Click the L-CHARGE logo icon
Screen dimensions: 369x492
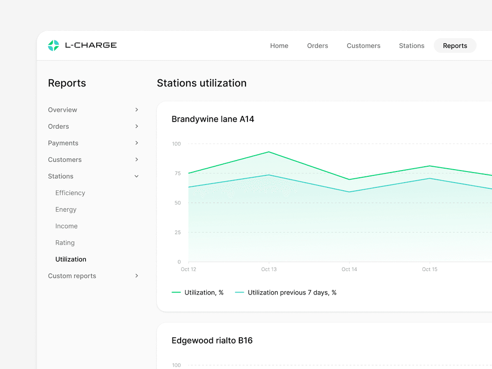tap(53, 46)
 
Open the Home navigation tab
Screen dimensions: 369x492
tap(279, 46)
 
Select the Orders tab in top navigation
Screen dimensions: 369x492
tap(318, 46)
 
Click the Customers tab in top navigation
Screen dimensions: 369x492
tap(363, 46)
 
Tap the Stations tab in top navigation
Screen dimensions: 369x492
tap(411, 46)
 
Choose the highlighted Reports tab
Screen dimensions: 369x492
tap(455, 46)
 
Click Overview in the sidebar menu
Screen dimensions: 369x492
tap(62, 110)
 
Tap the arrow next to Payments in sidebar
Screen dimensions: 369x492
tap(136, 143)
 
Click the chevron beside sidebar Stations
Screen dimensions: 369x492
tap(136, 176)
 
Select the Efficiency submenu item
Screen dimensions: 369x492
tap(70, 193)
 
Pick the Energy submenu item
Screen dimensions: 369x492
tap(66, 209)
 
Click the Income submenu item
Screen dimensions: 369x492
tap(66, 226)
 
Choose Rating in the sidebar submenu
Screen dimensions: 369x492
tap(65, 243)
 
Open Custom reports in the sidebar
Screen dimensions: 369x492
tap(72, 276)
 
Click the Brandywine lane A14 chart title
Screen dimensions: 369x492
tap(212, 119)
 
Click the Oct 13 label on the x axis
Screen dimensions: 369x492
tap(269, 269)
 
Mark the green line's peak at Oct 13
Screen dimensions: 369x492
tap(269, 152)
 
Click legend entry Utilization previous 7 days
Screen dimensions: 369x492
tap(292, 292)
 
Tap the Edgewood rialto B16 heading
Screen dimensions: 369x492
tap(212, 340)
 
